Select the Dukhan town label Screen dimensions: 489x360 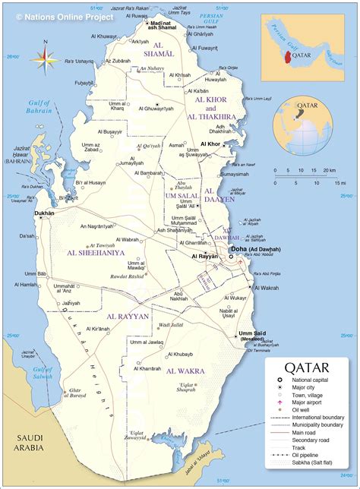45,213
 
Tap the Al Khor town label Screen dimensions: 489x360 210,144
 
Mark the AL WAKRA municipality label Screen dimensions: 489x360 183,371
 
